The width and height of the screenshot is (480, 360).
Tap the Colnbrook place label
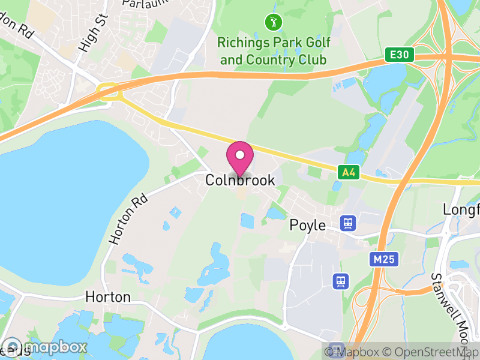tap(240, 180)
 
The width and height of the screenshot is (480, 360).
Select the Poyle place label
tap(307, 226)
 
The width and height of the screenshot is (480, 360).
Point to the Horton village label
tap(108, 297)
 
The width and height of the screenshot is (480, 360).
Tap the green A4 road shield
tap(347, 173)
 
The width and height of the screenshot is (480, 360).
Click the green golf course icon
tap(273, 23)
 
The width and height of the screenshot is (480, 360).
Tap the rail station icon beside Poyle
tap(347, 223)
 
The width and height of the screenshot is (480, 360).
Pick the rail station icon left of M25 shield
tap(341, 280)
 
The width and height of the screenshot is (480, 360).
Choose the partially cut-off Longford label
tap(461, 210)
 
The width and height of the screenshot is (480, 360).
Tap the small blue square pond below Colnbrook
tap(247, 220)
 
